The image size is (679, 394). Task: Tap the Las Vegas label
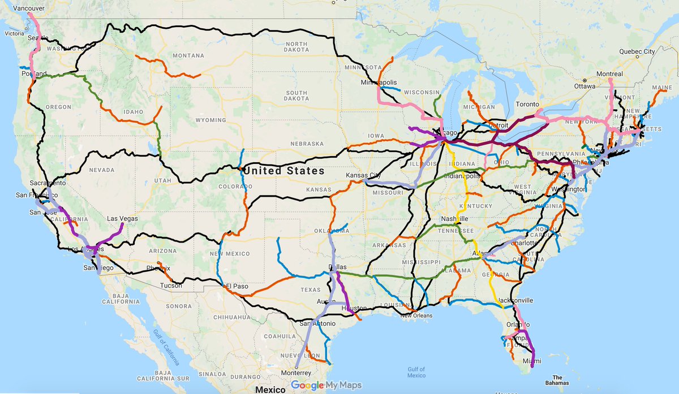[x=122, y=218]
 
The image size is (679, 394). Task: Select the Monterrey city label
[x=297, y=373]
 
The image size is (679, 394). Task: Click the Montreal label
[x=608, y=74]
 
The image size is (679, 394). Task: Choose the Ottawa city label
[x=585, y=86]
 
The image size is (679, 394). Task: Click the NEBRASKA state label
[x=306, y=144]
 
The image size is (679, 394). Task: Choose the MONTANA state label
[x=188, y=55]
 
